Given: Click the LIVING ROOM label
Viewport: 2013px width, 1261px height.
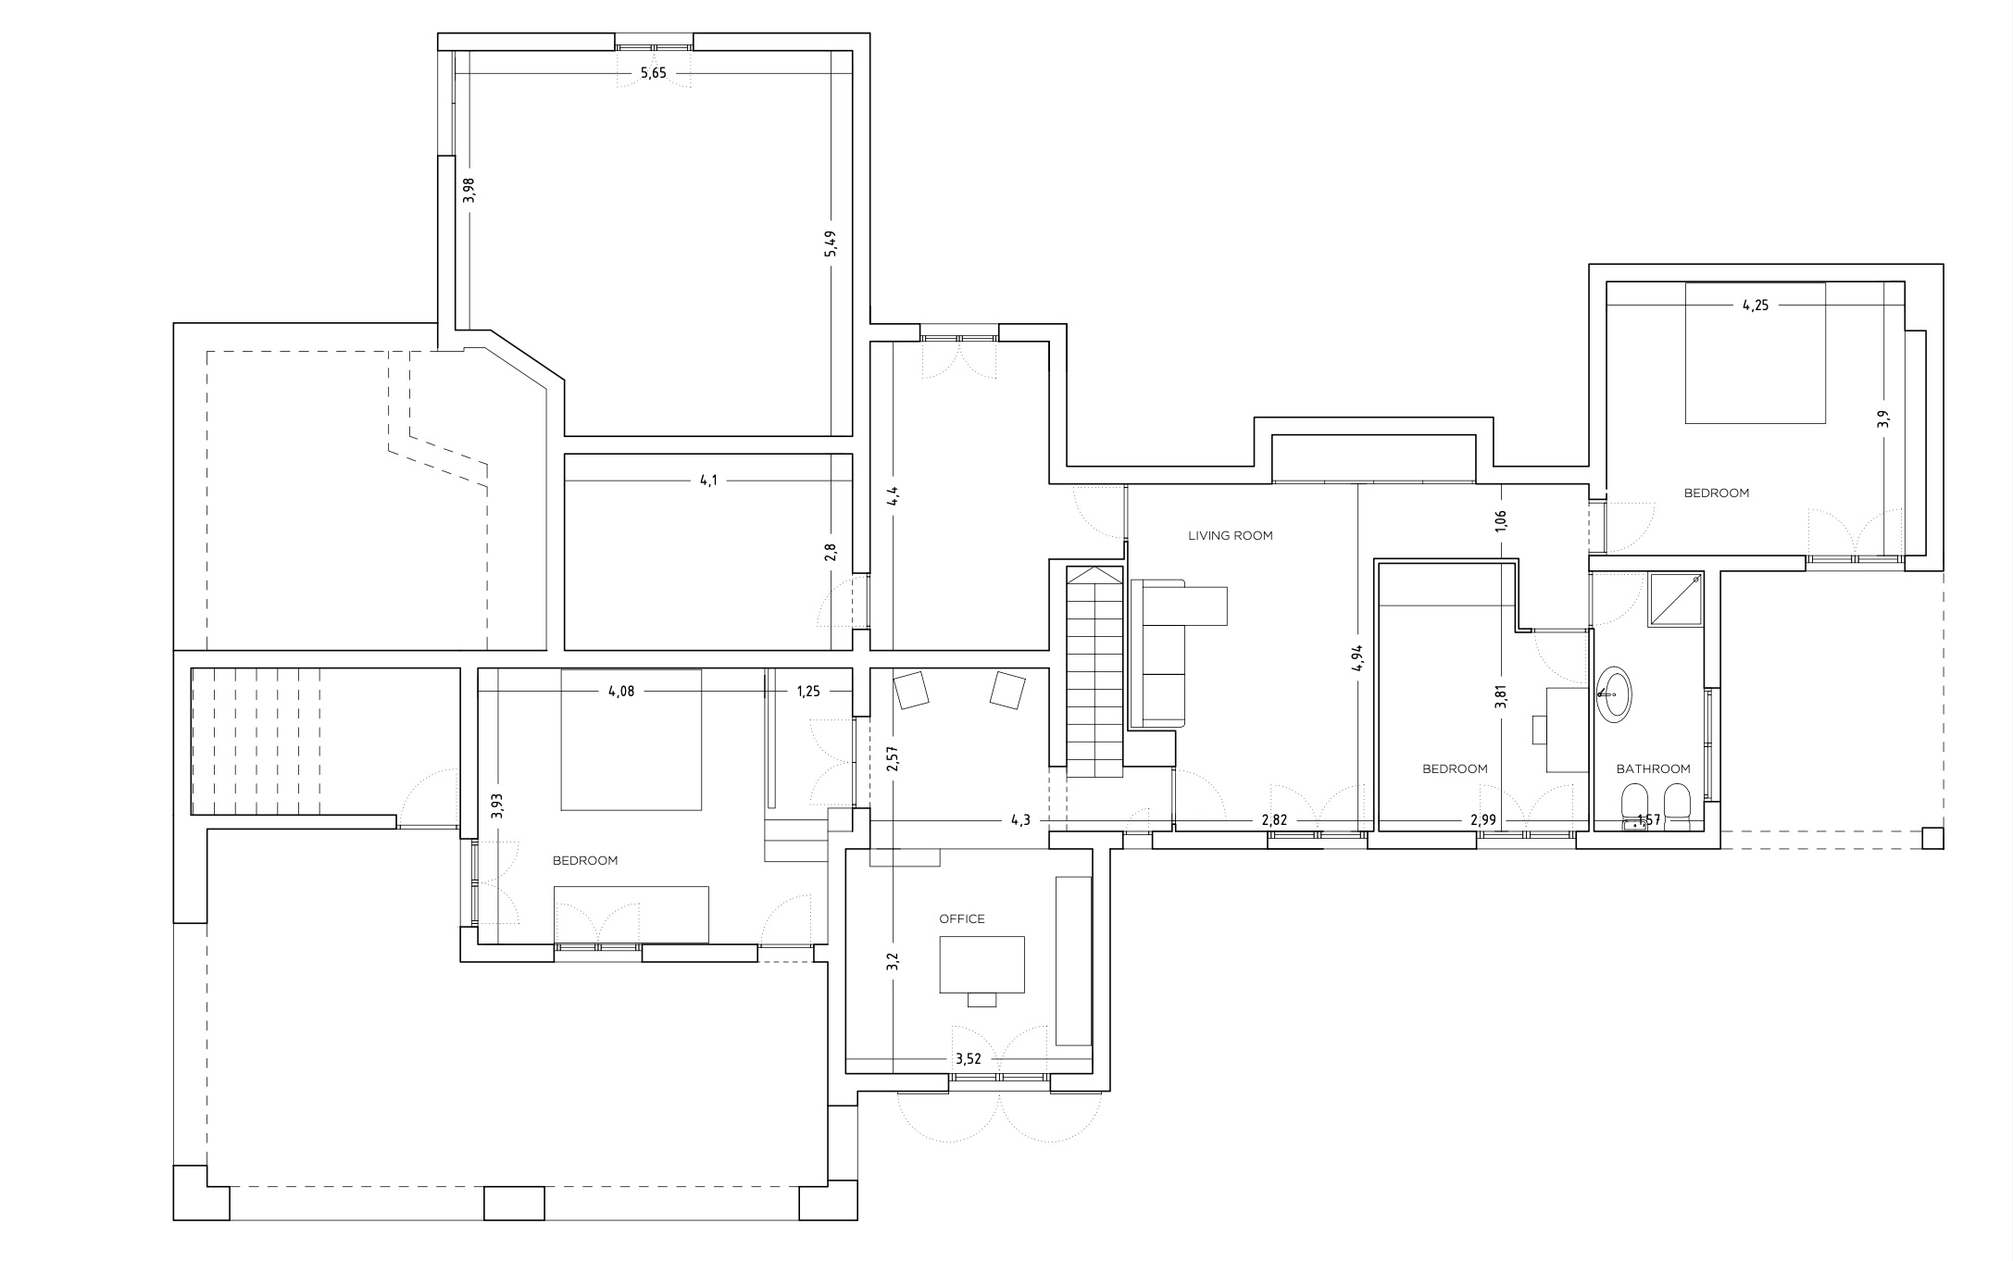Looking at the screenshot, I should pyautogui.click(x=1230, y=535).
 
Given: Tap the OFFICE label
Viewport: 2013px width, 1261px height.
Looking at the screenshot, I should pyautogui.click(x=962, y=918).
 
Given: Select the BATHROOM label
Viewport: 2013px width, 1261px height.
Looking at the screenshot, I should pyautogui.click(x=1653, y=768).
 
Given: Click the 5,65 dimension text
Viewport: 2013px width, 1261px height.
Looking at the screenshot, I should pyautogui.click(x=653, y=73).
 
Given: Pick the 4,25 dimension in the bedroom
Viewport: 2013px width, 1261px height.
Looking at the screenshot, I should pyautogui.click(x=1755, y=306).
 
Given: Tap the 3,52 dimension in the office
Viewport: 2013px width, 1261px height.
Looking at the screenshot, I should pyautogui.click(x=968, y=1058).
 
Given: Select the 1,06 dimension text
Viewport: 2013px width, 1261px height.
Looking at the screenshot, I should pyautogui.click(x=1501, y=520).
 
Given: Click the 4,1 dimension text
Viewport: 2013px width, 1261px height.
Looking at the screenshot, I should pyautogui.click(x=708, y=481).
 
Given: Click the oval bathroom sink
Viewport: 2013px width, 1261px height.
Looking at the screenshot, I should pyautogui.click(x=1614, y=693).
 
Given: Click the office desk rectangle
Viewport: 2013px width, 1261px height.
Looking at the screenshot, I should pyautogui.click(x=981, y=964).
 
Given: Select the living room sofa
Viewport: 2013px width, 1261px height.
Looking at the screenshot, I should pyautogui.click(x=1157, y=653).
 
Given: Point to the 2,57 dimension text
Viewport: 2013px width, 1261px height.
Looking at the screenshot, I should pyautogui.click(x=892, y=759).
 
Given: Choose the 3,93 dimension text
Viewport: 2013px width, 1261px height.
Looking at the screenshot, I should pyautogui.click(x=497, y=805).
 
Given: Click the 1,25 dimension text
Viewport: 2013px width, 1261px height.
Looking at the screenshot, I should pyautogui.click(x=807, y=691).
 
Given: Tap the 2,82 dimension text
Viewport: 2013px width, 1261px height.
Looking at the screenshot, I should pyautogui.click(x=1274, y=820).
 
